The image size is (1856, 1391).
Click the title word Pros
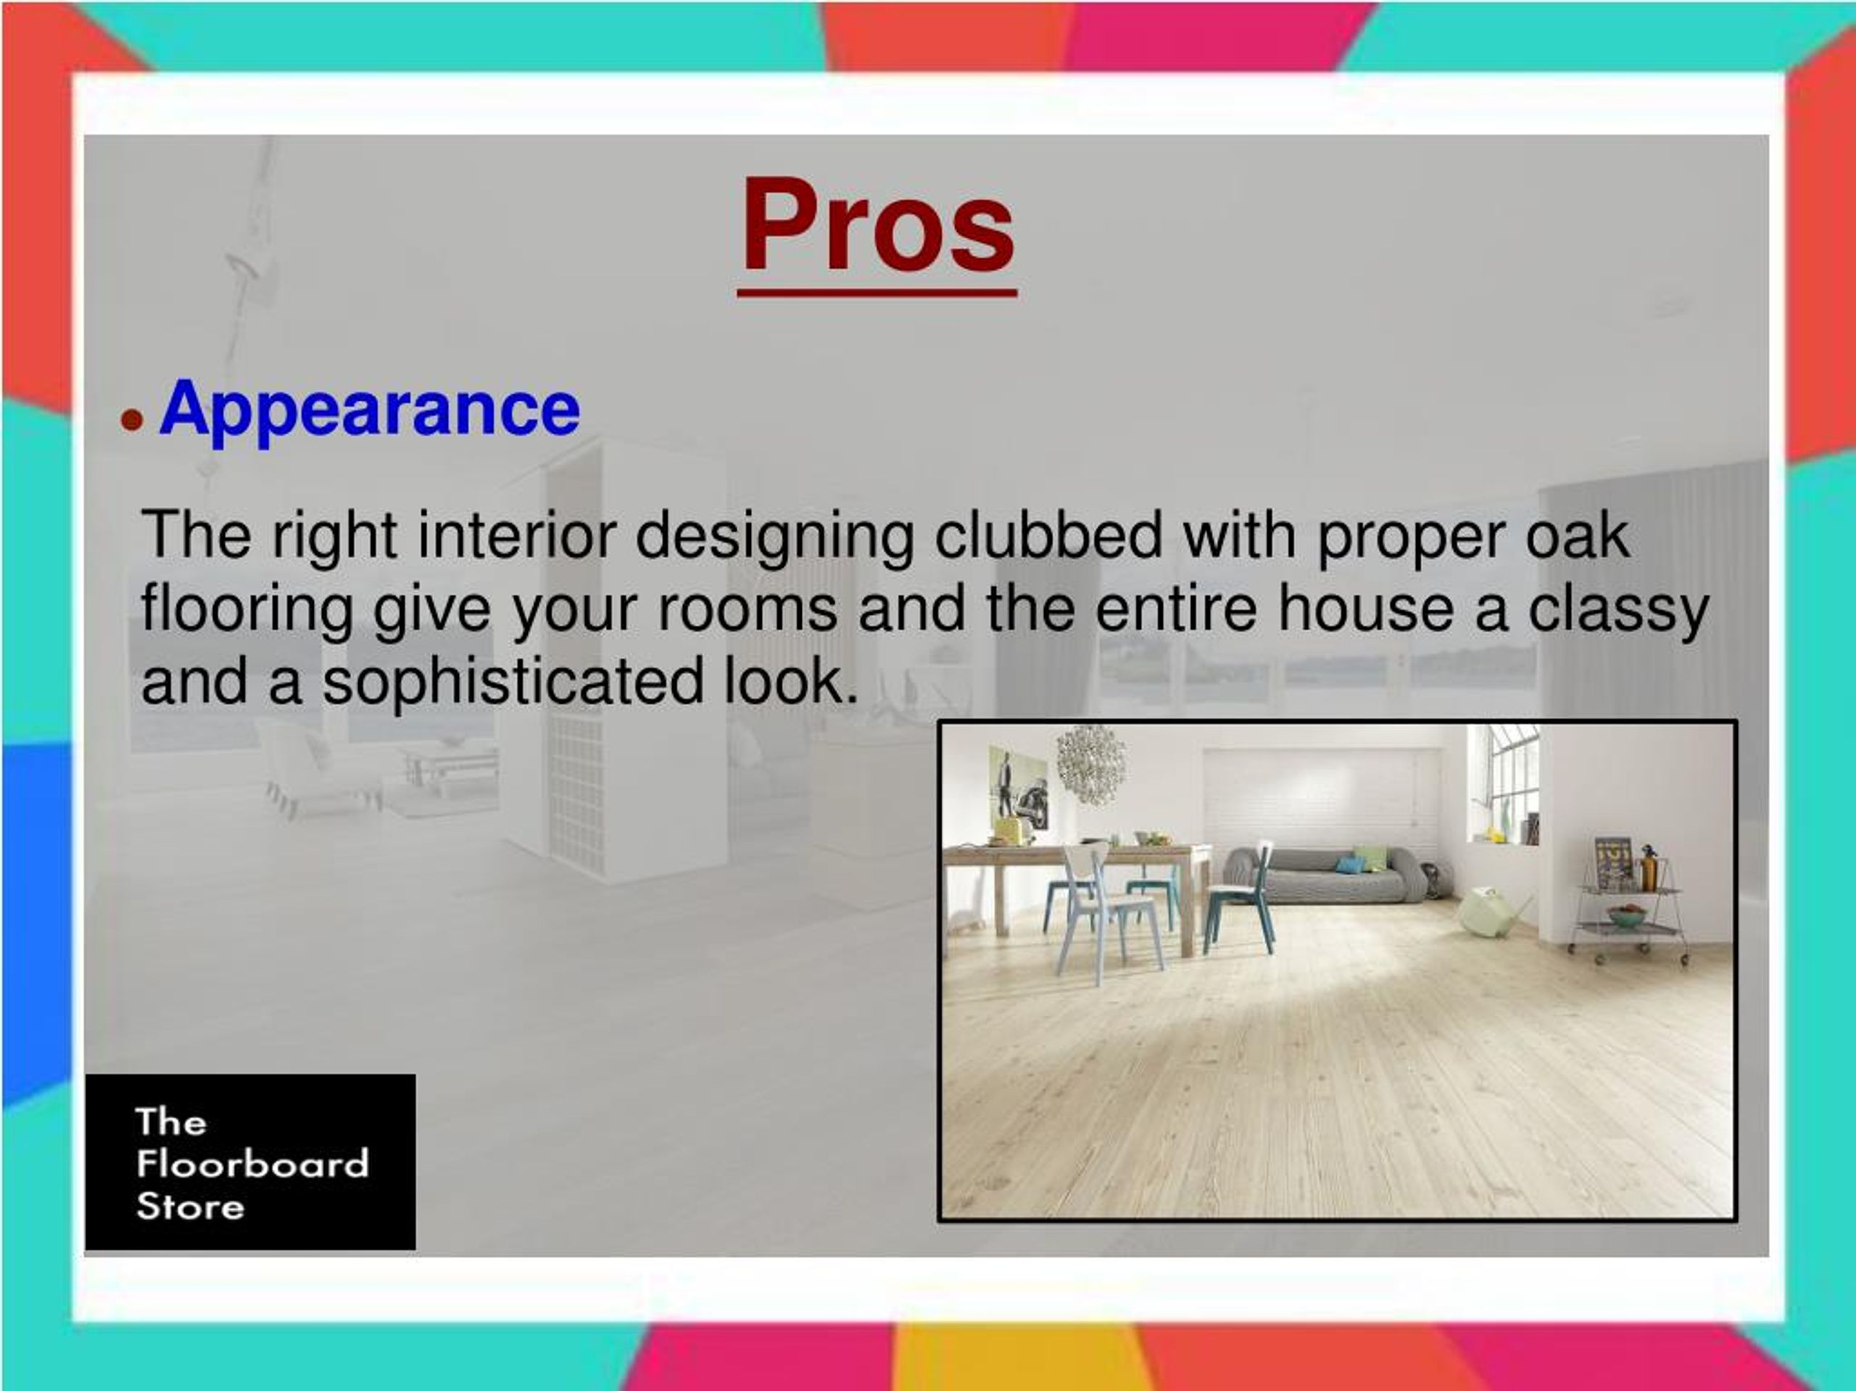click(877, 227)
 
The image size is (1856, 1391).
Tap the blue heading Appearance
click(369, 409)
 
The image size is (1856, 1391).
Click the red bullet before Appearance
click(132, 419)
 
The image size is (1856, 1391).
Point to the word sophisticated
click(513, 681)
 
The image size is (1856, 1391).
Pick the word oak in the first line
click(1578, 535)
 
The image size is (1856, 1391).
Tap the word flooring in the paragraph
click(246, 609)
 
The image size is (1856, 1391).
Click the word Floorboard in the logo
click(252, 1163)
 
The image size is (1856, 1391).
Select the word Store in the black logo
click(191, 1206)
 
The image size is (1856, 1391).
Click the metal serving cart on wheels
click(1628, 910)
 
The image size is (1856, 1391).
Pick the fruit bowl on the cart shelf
click(1626, 915)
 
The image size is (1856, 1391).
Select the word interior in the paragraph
click(517, 535)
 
